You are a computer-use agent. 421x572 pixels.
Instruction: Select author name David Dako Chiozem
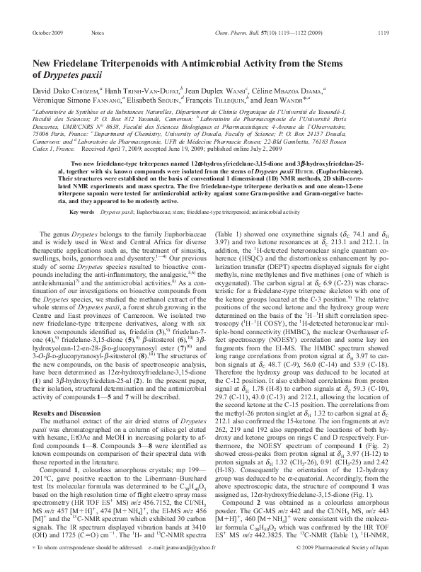(67, 91)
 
